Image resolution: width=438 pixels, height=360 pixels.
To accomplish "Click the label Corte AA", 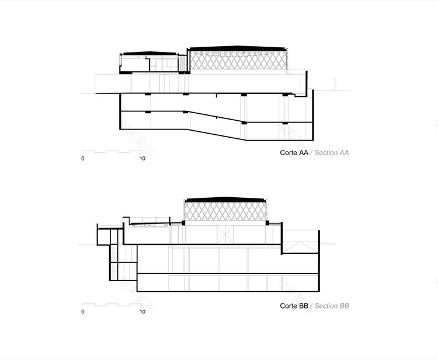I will pyautogui.click(x=294, y=153).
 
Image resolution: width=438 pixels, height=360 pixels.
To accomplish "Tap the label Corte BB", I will pyautogui.click(x=294, y=306).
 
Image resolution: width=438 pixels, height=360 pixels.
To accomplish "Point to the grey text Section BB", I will pyautogui.click(x=332, y=306).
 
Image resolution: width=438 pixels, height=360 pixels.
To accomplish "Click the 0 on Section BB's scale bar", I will pyautogui.click(x=83, y=312).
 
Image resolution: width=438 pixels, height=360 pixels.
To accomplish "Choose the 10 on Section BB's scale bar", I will pyautogui.click(x=142, y=312).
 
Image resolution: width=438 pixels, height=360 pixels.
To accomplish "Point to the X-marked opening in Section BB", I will pyautogui.click(x=225, y=235).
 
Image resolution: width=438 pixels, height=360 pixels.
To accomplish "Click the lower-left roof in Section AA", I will pyautogui.click(x=149, y=53).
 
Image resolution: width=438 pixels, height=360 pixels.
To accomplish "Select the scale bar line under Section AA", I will pyautogui.click(x=112, y=151).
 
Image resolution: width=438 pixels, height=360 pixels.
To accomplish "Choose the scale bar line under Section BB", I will pyautogui.click(x=112, y=304).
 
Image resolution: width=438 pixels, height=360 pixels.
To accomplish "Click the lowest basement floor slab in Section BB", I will pyautogui.click(x=228, y=290).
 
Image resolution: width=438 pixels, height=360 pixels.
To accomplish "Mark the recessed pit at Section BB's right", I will pyautogui.click(x=301, y=242).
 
